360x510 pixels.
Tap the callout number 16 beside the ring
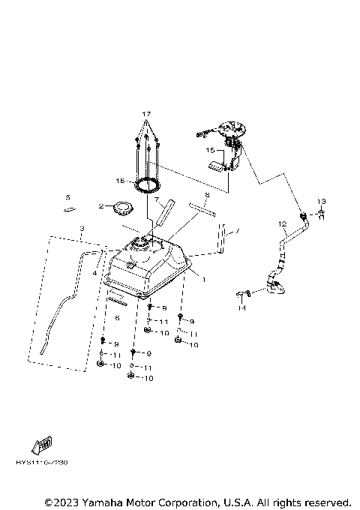[x=120, y=181]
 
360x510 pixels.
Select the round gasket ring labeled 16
[x=147, y=184]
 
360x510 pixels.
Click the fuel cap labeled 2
[x=118, y=207]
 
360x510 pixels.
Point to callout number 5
[x=67, y=197]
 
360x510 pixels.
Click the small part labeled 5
[x=69, y=210]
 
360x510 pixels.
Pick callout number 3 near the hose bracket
[x=82, y=228]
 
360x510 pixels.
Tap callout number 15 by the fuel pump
[x=211, y=150]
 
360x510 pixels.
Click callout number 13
[x=321, y=202]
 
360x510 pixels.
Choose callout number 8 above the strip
[x=207, y=195]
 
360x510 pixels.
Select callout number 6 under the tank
[x=117, y=318]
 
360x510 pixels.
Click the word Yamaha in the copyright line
[x=104, y=501]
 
